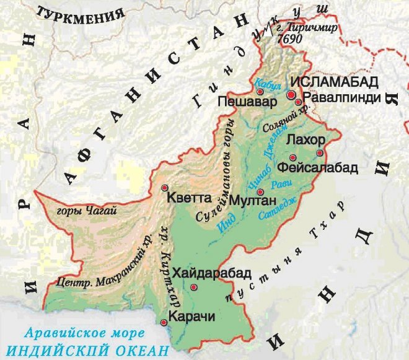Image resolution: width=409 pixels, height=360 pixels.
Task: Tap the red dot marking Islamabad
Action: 291,94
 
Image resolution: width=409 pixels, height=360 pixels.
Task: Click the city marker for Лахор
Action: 320,152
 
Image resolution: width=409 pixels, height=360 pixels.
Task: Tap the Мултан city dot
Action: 260,191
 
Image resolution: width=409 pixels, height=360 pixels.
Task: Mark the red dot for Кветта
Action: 164,187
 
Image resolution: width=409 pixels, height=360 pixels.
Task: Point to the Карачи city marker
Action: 163,322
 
